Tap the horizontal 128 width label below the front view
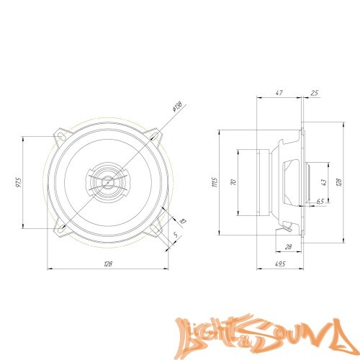[108, 264]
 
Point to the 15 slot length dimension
[183, 221]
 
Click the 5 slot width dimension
[176, 233]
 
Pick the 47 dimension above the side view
[279, 93]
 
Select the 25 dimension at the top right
[315, 93]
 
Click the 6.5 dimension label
[319, 202]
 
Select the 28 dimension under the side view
[287, 246]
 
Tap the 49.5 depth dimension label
[280, 264]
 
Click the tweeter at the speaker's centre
[107, 181]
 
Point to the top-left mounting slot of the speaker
[63, 134]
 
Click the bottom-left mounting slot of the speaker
[63, 228]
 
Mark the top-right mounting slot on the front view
[153, 135]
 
